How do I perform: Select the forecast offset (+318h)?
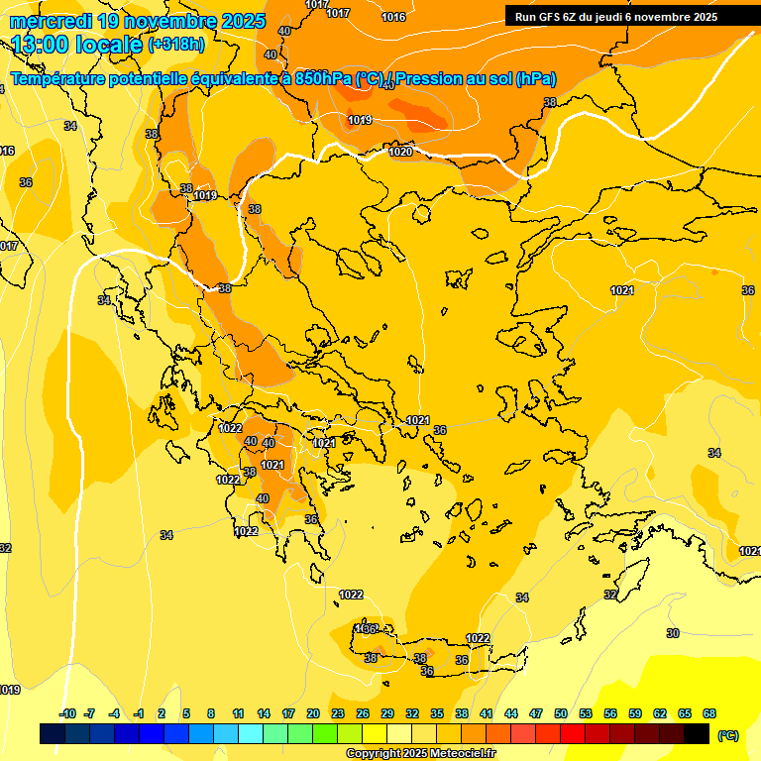point(176,45)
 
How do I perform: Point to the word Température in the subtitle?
point(60,79)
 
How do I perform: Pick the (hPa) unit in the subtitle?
point(536,79)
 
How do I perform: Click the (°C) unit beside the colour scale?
point(727,735)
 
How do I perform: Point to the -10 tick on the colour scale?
point(67,713)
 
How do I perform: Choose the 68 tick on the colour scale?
point(708,713)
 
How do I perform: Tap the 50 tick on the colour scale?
point(560,713)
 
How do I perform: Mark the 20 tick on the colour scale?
point(312,713)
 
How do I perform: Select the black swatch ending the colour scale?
point(697,733)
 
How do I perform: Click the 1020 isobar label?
point(400,152)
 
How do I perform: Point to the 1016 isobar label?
point(393,17)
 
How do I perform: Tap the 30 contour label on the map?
point(673,632)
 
